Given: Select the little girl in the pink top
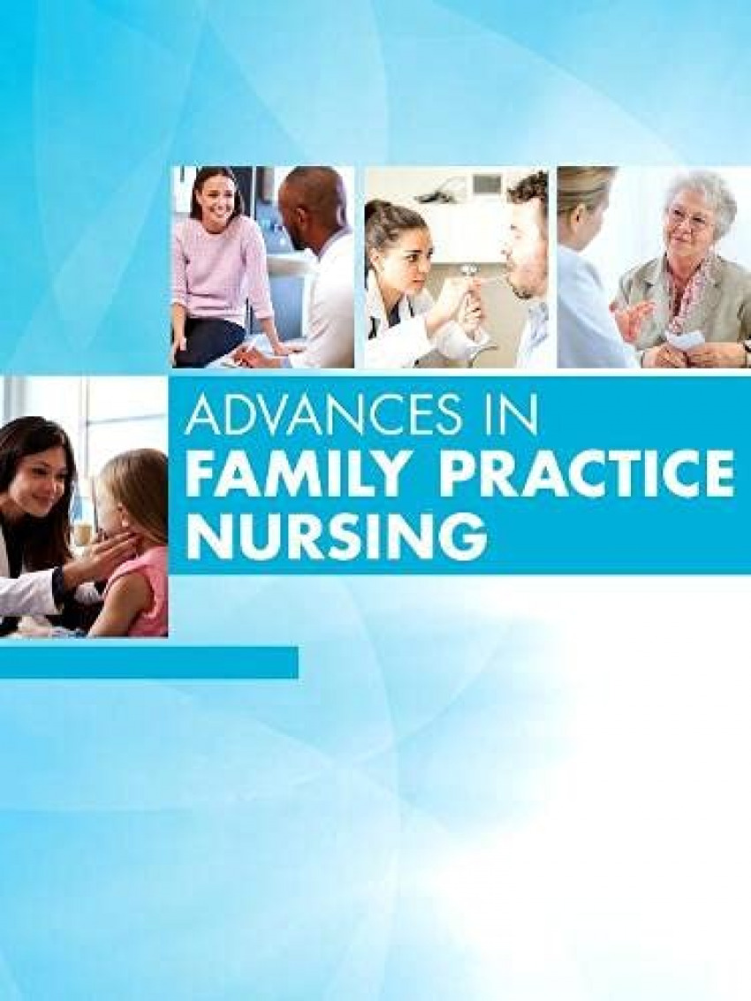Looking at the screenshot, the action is point(128,542).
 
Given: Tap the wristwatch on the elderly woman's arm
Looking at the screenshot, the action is point(747,349).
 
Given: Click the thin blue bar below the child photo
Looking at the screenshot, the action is point(148,663).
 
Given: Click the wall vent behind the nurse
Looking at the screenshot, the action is point(487,183).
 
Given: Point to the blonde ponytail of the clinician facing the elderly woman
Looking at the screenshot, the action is point(578,194).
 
